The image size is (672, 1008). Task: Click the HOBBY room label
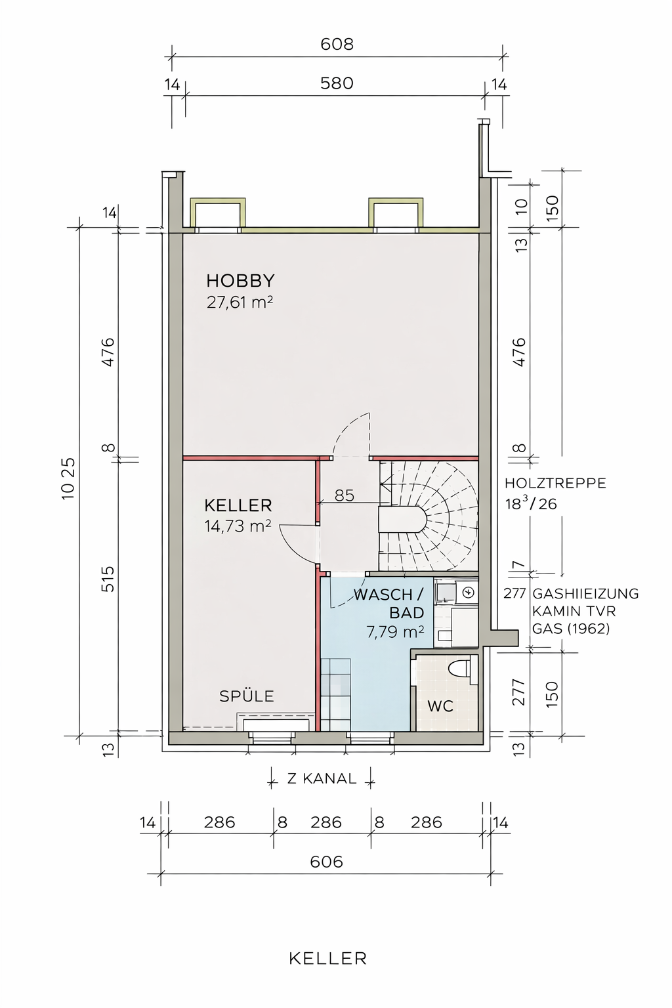point(240,281)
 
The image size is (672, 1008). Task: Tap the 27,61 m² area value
point(240,303)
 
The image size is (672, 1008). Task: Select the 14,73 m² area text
point(238,526)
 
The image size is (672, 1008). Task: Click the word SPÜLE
point(247,696)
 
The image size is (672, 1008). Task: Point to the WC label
point(440,706)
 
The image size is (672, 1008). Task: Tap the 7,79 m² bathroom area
point(395,632)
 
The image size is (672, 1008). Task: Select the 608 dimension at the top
point(337,44)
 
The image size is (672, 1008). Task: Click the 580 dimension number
point(337,84)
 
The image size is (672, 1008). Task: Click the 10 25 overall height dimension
point(68,479)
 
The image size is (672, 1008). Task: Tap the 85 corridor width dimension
point(345,495)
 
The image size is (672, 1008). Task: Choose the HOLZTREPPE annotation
point(555,483)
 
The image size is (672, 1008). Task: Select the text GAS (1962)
point(571,629)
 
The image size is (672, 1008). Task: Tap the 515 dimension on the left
point(108,579)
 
